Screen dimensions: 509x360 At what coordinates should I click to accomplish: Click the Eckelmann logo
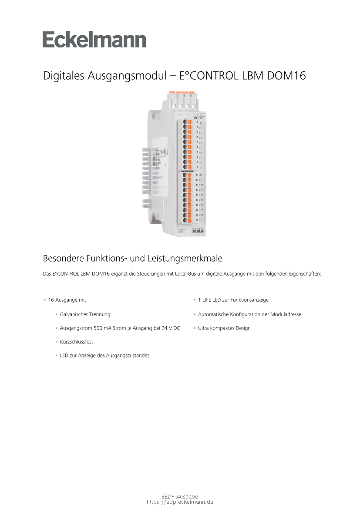(x=94, y=40)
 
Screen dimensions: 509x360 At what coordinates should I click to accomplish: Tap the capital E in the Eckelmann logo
(x=48, y=40)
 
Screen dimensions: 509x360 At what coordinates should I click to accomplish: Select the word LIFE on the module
(x=201, y=118)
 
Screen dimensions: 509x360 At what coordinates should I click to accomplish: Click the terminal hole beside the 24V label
(x=185, y=175)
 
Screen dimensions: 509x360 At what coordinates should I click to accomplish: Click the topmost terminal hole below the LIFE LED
(x=185, y=122)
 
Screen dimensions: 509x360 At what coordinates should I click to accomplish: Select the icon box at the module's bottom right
(x=198, y=230)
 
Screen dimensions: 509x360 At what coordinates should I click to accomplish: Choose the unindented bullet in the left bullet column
(x=45, y=300)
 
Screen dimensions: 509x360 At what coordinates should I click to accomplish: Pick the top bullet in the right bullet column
(x=195, y=300)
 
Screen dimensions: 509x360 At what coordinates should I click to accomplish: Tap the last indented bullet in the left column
(x=57, y=355)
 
